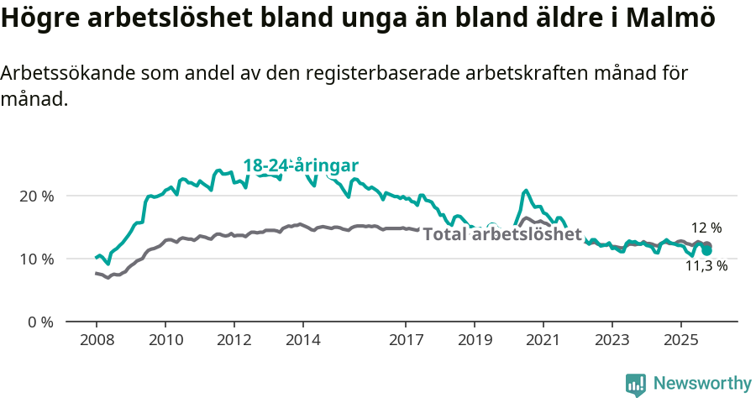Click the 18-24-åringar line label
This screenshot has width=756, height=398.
pos(301,165)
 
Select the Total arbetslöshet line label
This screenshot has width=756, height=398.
pos(502,234)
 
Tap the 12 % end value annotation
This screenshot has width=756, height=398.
pos(706,228)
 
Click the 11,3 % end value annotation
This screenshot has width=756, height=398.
pos(706,266)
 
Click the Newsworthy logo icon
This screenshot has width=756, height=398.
pos(636,385)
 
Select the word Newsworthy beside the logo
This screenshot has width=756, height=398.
pos(702,384)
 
